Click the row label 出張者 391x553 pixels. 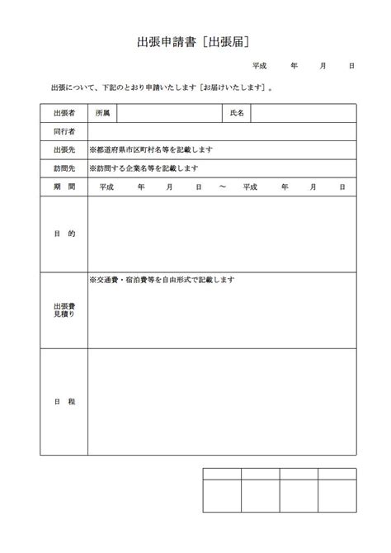(64, 112)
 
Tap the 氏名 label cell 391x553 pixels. (236, 112)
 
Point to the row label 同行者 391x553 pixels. (64, 131)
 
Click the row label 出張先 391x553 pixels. (64, 149)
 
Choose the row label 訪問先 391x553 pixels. (64, 168)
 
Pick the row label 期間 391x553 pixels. (64, 187)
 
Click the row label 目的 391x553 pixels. (64, 234)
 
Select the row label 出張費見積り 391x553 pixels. (64, 310)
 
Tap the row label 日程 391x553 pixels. (64, 401)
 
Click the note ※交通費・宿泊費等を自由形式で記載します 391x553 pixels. (163, 280)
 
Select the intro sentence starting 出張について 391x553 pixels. (161, 86)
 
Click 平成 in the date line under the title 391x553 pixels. (260, 64)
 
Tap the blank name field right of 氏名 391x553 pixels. (303, 112)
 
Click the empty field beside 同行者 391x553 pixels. (222, 131)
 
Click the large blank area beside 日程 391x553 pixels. (222, 401)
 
